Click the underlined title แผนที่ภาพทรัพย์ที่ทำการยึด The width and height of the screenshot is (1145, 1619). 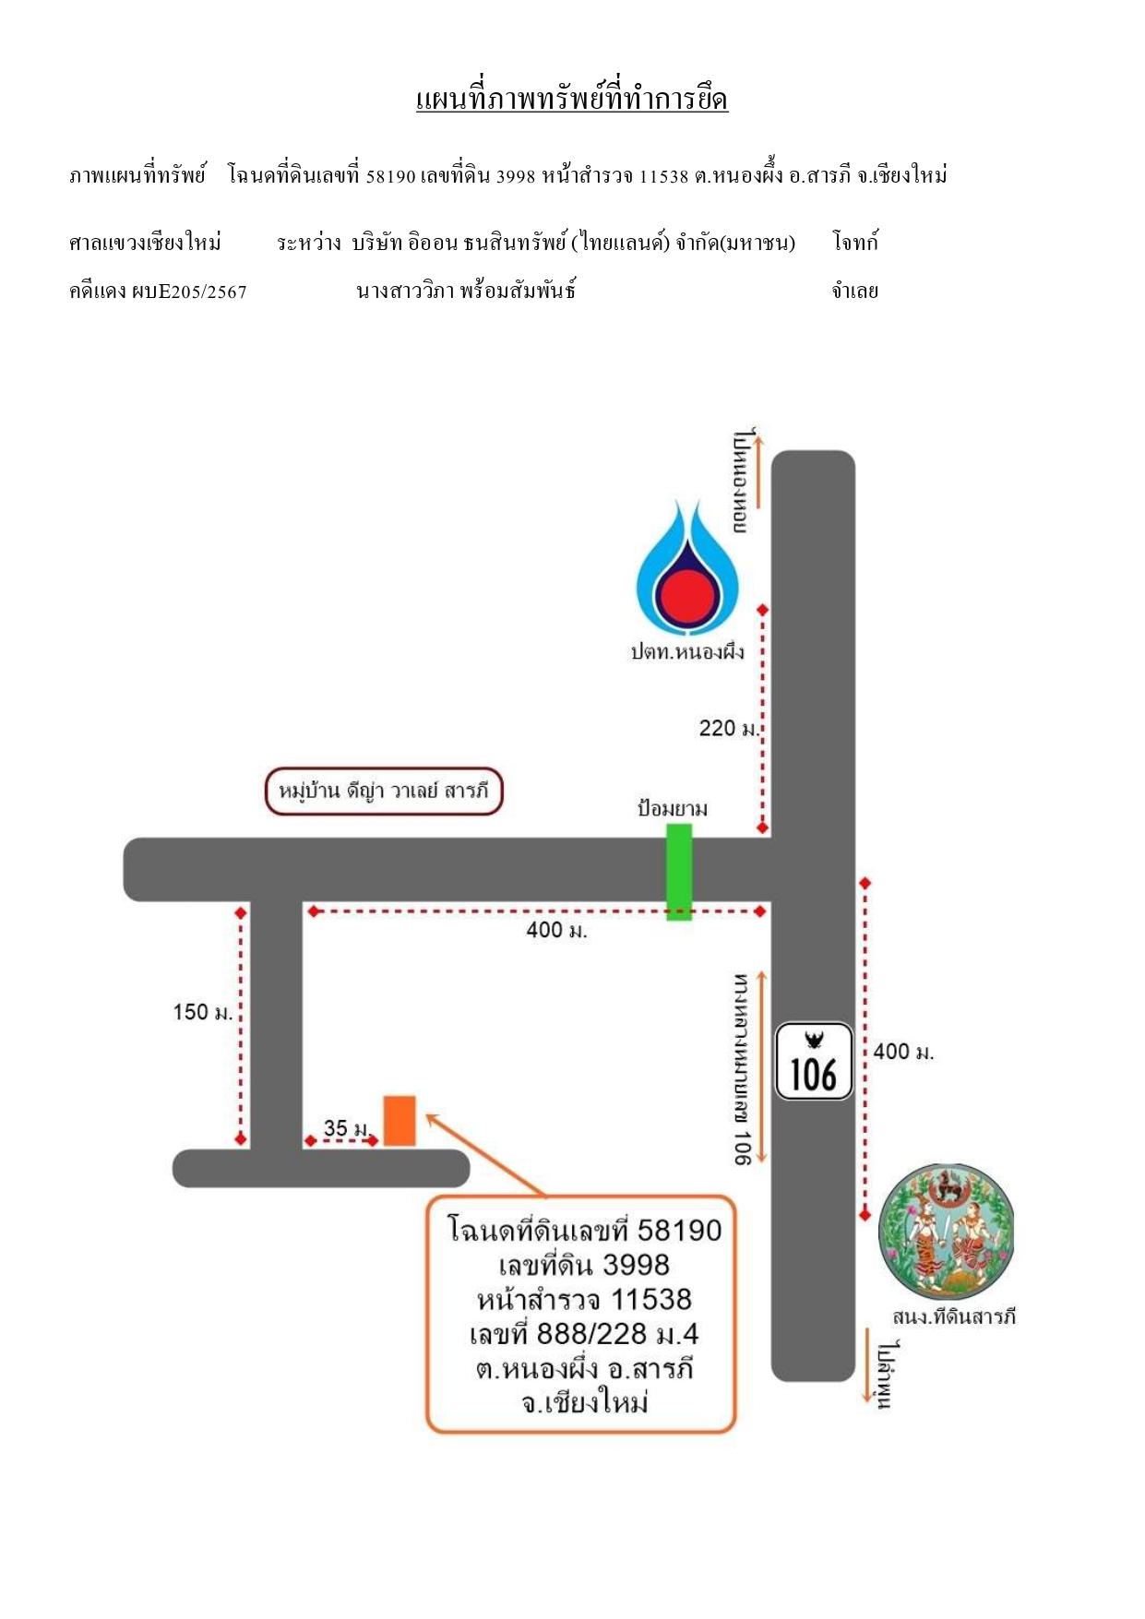(x=572, y=98)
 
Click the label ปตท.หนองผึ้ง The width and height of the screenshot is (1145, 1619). (x=687, y=652)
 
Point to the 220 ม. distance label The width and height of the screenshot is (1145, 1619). (x=729, y=728)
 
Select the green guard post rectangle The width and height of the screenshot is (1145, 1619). (x=679, y=872)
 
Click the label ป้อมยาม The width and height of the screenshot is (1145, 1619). (x=673, y=809)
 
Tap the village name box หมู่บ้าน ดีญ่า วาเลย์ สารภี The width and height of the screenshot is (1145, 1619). (x=384, y=792)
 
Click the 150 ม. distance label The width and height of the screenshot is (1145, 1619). (x=203, y=1012)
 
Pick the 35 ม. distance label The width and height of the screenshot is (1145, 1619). (x=346, y=1127)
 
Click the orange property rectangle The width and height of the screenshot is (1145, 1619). (x=400, y=1121)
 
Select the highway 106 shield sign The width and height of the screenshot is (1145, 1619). (x=814, y=1061)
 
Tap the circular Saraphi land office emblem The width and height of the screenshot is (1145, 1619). (x=947, y=1232)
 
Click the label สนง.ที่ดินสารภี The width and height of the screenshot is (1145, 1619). (x=954, y=1316)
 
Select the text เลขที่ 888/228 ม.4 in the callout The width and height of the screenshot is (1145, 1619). (x=584, y=1334)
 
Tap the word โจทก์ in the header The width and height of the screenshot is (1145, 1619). (x=855, y=243)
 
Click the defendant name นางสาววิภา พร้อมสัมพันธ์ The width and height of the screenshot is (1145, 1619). (x=466, y=292)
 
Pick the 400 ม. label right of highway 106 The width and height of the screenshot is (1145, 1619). (x=904, y=1052)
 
